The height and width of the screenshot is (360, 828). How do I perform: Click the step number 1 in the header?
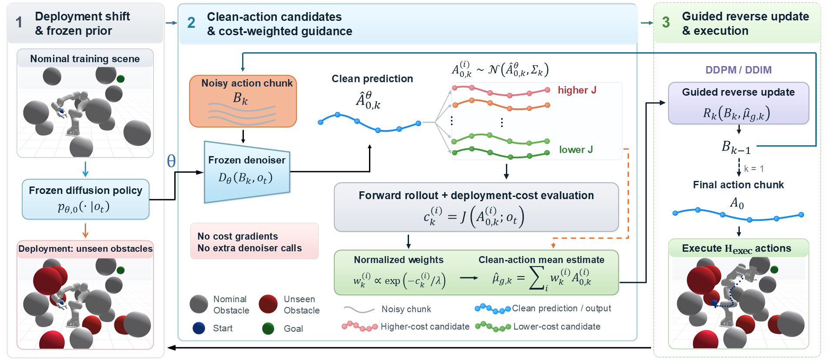[19, 23]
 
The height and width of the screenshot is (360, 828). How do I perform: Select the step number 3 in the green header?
[666, 23]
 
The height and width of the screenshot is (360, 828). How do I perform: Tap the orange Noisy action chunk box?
[243, 101]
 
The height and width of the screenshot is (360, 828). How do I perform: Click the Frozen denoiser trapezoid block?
[247, 172]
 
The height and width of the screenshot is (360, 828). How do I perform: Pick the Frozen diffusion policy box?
[86, 199]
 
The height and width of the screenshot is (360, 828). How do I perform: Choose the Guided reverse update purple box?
[738, 103]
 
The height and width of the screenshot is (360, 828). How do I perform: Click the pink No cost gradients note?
[254, 241]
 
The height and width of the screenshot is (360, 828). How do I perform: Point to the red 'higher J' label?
[577, 90]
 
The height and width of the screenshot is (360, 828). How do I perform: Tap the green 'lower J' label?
[575, 150]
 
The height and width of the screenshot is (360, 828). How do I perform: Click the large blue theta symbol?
[171, 161]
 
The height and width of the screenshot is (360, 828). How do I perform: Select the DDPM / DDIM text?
[738, 70]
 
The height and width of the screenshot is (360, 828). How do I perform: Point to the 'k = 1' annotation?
[754, 169]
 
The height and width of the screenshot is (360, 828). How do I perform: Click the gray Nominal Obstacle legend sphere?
[199, 304]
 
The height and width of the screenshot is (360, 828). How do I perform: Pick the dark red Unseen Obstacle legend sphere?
[268, 304]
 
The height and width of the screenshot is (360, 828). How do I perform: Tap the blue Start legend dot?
[199, 328]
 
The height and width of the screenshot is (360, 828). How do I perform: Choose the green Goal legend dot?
[268, 328]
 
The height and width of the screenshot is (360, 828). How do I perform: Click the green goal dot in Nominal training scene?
[121, 79]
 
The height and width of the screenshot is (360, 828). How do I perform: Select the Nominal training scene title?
[85, 59]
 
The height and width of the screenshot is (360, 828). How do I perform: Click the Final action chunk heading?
[738, 185]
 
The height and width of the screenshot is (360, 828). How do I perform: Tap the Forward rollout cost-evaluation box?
[476, 207]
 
